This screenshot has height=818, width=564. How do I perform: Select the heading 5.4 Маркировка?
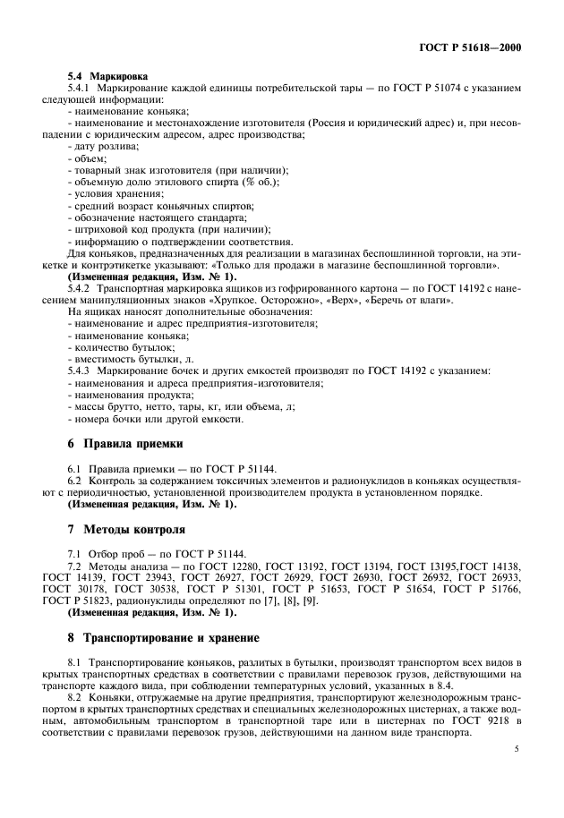coord(107,77)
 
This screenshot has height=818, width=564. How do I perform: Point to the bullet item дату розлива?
coord(104,146)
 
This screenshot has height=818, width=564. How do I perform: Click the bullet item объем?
coord(90,158)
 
